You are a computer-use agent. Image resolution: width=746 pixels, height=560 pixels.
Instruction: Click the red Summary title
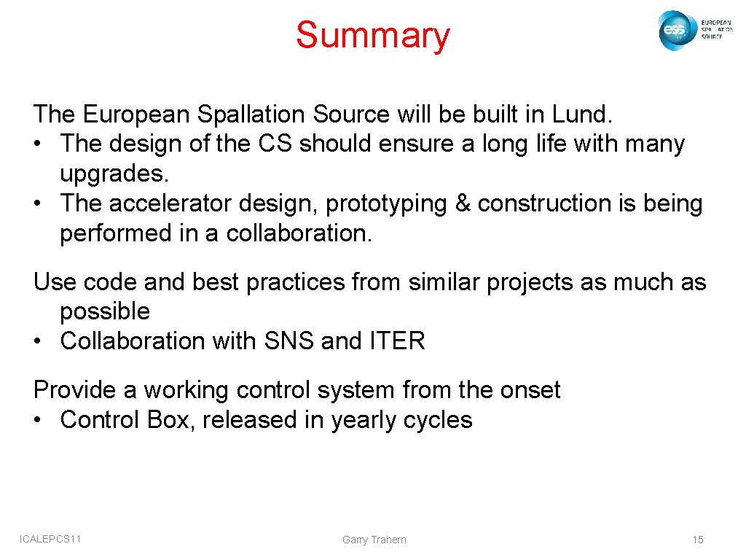(373, 36)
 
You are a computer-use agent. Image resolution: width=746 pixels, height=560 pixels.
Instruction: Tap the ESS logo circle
(674, 31)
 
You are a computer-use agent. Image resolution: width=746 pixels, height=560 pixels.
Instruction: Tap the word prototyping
(385, 203)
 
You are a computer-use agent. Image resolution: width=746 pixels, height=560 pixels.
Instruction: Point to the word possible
(105, 311)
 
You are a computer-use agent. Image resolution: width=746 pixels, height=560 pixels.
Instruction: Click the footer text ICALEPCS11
(50, 539)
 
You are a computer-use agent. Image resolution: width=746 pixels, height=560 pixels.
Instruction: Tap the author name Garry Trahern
(374, 540)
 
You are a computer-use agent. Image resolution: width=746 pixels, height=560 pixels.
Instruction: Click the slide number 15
(698, 540)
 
